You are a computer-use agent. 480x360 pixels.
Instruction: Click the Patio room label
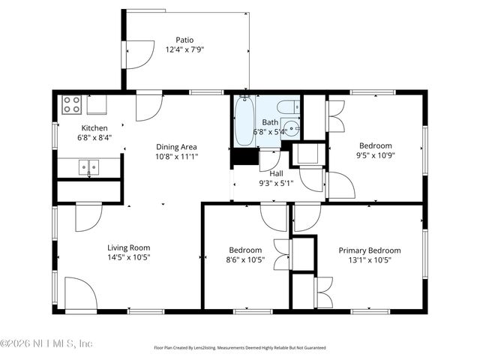point(184,40)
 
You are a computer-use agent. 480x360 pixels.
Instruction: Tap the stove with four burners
point(72,104)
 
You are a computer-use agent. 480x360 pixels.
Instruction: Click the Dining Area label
point(176,147)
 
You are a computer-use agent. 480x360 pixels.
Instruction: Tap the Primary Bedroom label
point(369,250)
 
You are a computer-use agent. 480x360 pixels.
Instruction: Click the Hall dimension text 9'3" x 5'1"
point(276,183)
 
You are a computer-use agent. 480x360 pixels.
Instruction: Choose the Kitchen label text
point(94,128)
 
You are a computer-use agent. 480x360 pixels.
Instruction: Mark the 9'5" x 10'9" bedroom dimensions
point(374,155)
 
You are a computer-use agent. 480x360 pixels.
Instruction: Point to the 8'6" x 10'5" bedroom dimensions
point(245,260)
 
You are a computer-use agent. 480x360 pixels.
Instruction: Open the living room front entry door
point(80,293)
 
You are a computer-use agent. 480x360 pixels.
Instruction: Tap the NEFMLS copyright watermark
point(46,343)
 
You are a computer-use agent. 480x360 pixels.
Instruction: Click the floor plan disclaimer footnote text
point(240,348)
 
